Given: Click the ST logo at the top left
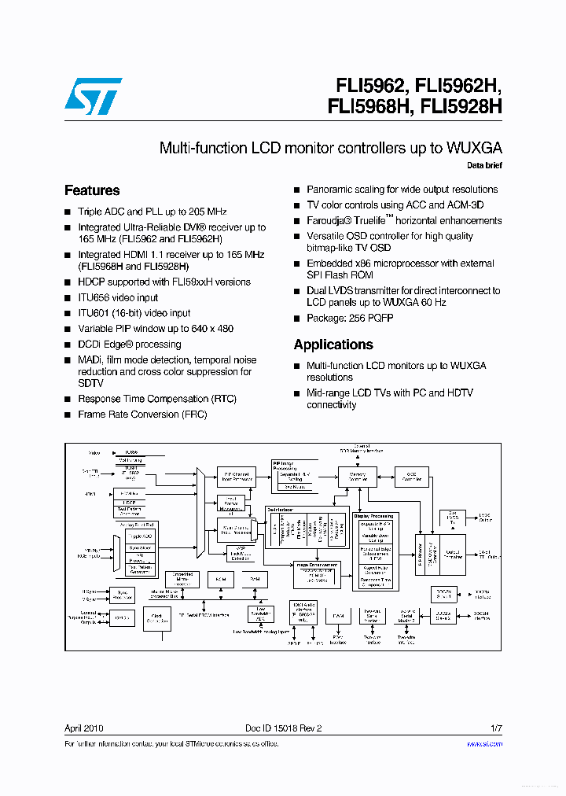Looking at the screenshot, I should click(93, 97).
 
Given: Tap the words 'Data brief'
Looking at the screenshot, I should click(484, 165).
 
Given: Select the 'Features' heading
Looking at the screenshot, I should click(92, 190).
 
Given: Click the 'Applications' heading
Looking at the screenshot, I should click(333, 345).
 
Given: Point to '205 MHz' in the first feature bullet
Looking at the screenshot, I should click(207, 212).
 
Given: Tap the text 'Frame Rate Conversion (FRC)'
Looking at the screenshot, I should click(142, 415).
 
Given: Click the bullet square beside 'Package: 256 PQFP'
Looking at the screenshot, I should click(297, 319).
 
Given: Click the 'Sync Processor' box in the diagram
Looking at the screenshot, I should click(121, 595).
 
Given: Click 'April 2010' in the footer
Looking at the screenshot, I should click(83, 728).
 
